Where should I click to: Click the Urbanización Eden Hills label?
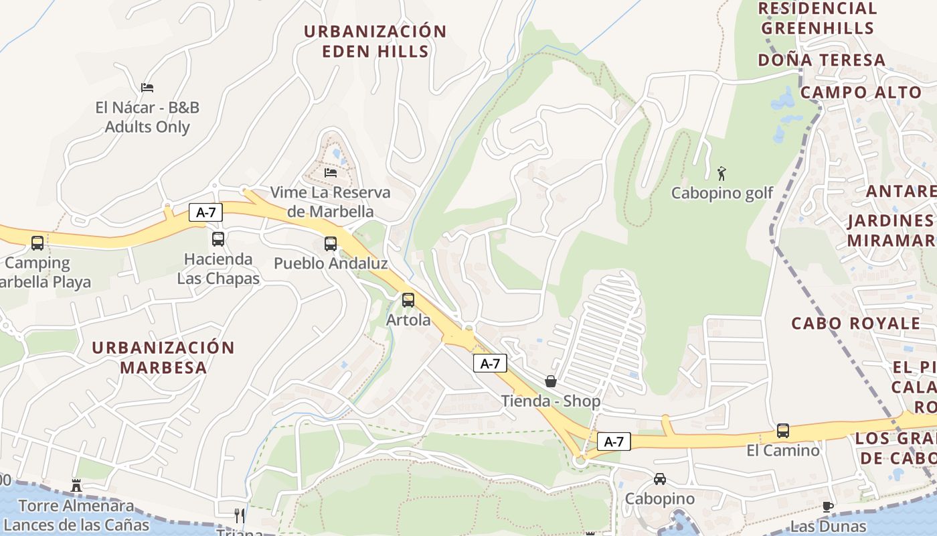coord(375,42)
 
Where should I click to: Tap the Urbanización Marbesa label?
coord(163,357)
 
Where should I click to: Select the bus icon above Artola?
coord(408,300)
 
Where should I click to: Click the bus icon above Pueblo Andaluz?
coord(331,244)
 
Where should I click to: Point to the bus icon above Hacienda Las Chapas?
coord(218,239)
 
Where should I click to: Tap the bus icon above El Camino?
coord(783,431)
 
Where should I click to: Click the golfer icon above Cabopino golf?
coord(721,174)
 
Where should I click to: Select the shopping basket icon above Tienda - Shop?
coord(550,381)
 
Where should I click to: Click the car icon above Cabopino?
coord(660,479)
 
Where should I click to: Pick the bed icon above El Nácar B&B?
coord(147,88)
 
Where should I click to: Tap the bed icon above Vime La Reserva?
coord(331,172)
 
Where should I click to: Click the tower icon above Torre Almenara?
coord(76,485)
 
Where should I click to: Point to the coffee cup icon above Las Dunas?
coord(828,507)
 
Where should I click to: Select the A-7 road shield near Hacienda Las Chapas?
coord(205,212)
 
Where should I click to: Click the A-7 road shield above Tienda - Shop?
coord(490,364)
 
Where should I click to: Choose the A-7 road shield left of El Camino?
coord(614,442)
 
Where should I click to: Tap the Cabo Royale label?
coord(856,324)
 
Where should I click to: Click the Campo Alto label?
coord(861,92)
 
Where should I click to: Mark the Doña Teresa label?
coord(822,60)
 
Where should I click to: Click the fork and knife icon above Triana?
coord(240,515)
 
